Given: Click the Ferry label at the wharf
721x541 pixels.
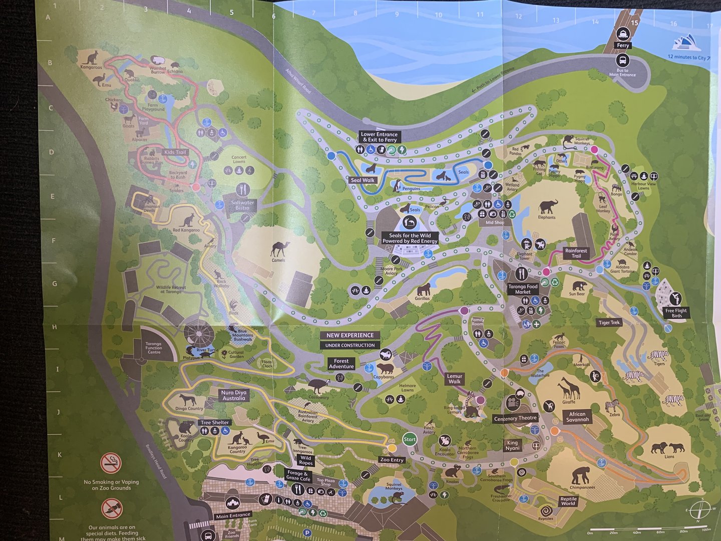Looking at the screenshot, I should tap(622, 46).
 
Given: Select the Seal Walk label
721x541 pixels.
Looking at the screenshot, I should tap(363, 180).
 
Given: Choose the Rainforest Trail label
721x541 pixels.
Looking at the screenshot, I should tap(576, 253).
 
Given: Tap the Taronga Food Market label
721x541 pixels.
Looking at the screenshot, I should tap(522, 289).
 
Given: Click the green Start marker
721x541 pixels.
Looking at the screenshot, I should tap(410, 439).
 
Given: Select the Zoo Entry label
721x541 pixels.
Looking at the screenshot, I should tap(392, 459).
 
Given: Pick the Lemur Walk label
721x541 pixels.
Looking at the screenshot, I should tap(455, 379).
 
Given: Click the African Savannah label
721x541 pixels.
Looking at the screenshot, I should tap(577, 417).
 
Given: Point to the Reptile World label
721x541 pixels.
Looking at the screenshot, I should tap(568, 501).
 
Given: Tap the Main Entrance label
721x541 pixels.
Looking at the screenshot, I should tap(233, 515).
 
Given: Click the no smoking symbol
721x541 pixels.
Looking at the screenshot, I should tap(111, 463).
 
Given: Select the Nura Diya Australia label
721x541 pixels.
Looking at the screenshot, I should tap(234, 396).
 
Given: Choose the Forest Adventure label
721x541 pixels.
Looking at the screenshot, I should tap(341, 364).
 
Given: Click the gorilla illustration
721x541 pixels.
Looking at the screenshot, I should tap(424, 289).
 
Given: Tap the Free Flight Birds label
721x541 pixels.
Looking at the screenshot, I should tap(676, 313).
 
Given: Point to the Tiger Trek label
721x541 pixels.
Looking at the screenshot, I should tap(609, 323).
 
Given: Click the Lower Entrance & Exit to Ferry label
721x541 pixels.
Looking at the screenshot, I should tap(380, 137).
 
